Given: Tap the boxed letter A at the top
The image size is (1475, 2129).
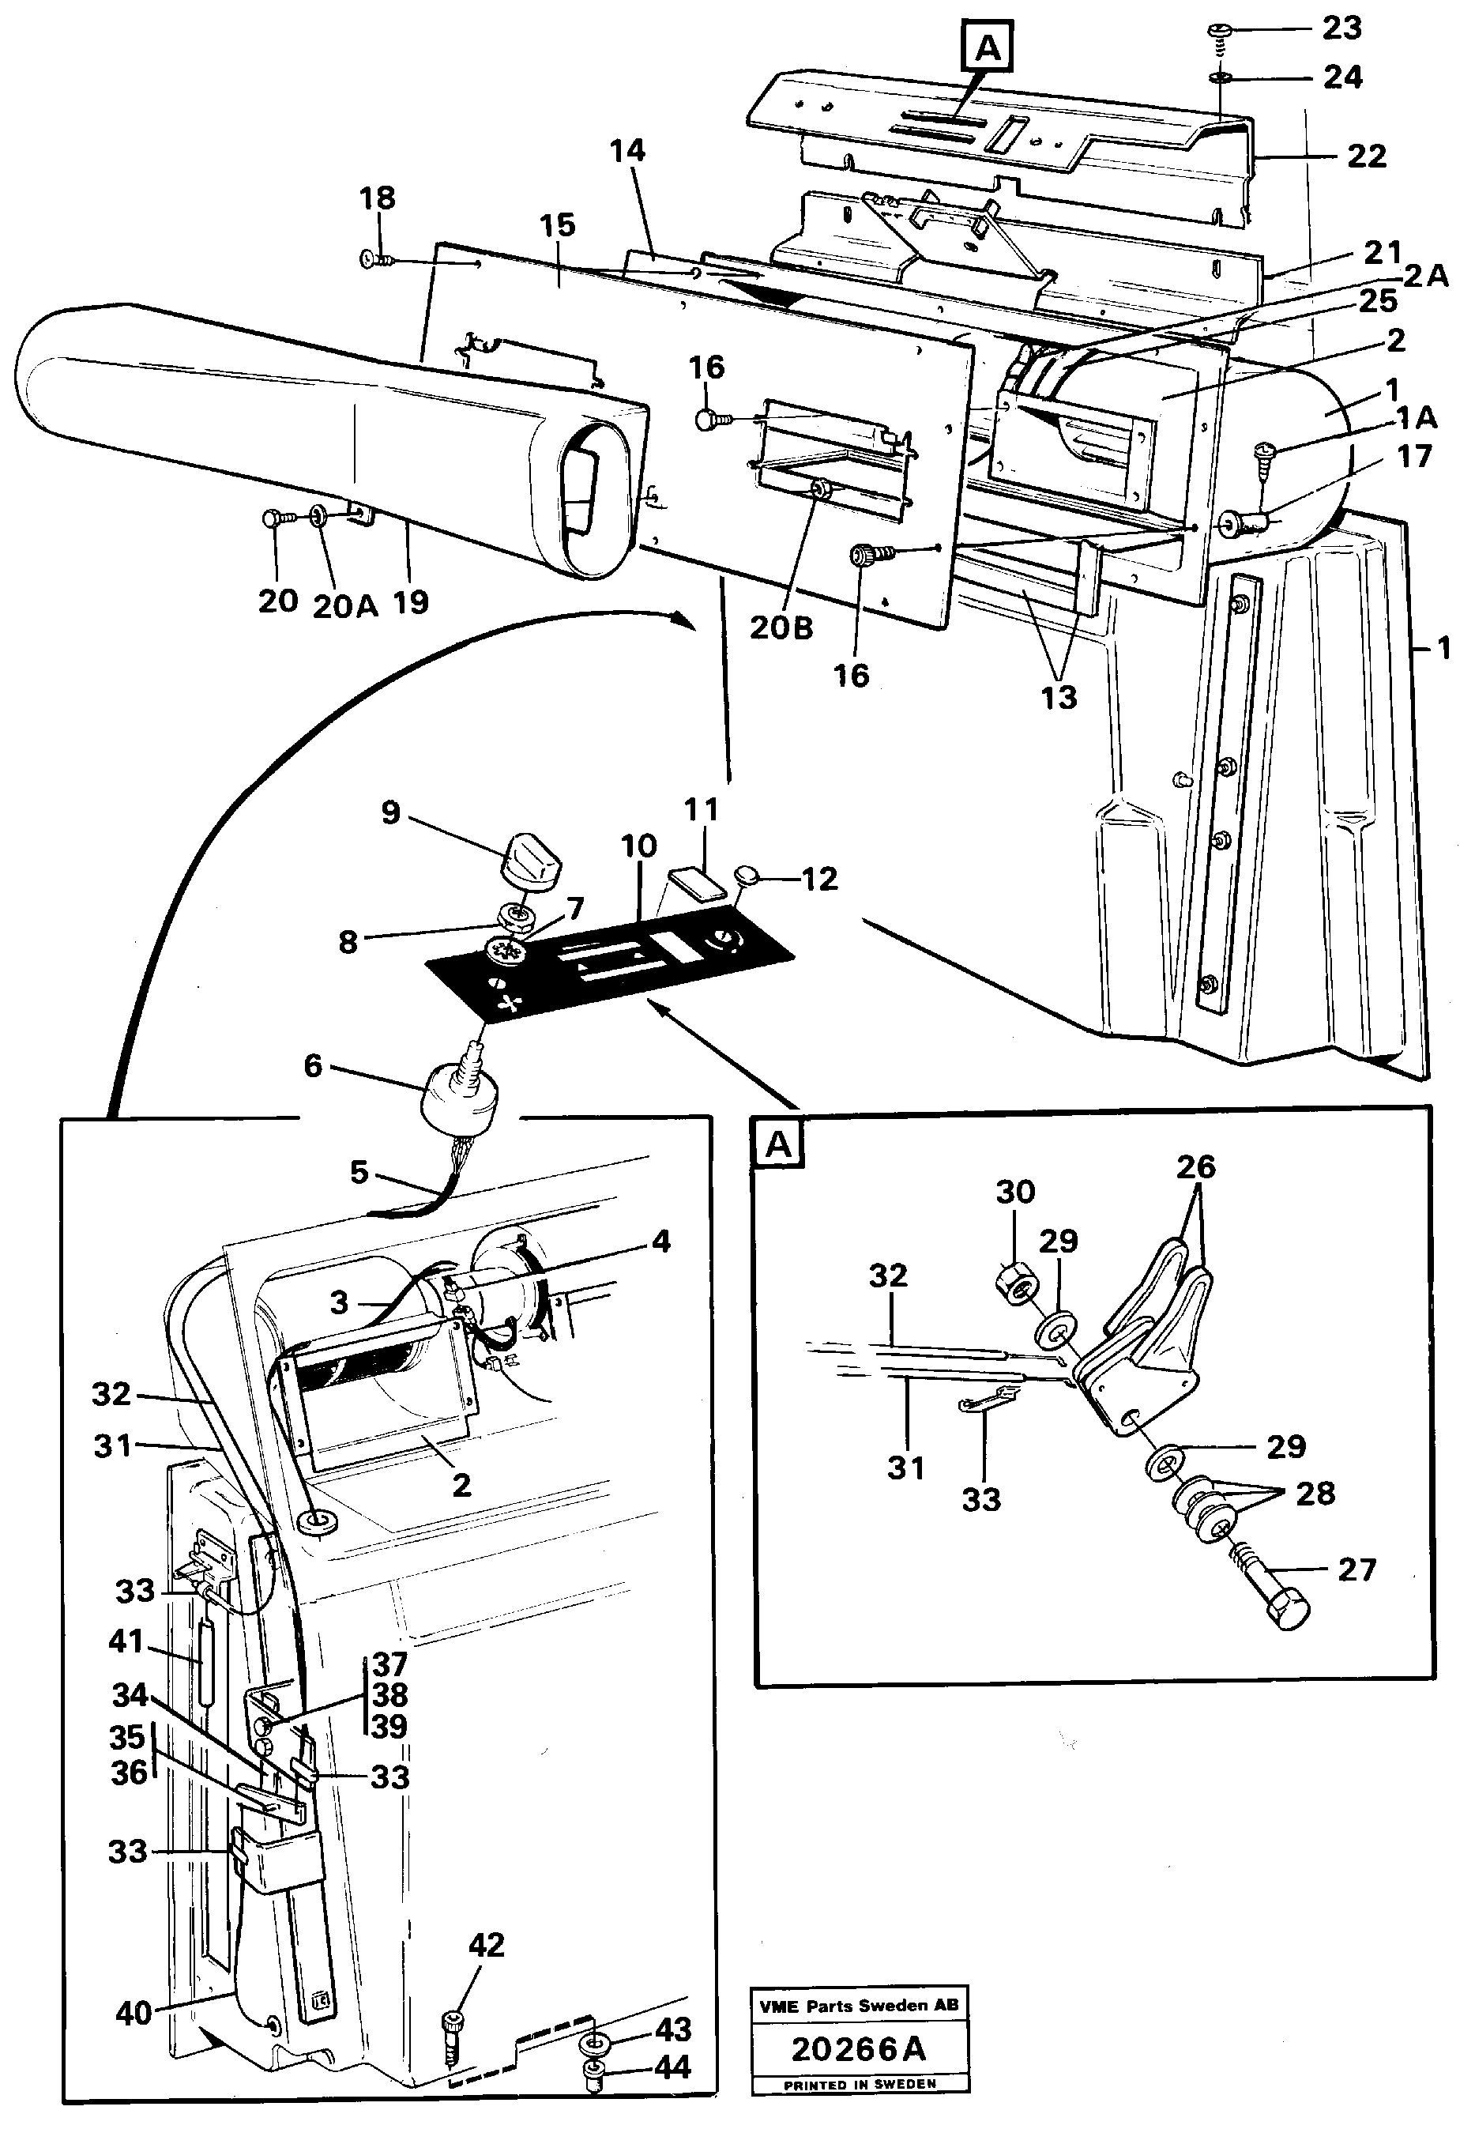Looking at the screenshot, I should click(x=988, y=47).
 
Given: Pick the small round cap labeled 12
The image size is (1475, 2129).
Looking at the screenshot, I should click(x=747, y=873).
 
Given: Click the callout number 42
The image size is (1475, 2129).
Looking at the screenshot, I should click(x=486, y=1945).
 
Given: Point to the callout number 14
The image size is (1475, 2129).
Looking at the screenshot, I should click(x=627, y=151).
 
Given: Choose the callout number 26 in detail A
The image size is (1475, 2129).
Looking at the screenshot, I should click(x=1195, y=1166).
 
